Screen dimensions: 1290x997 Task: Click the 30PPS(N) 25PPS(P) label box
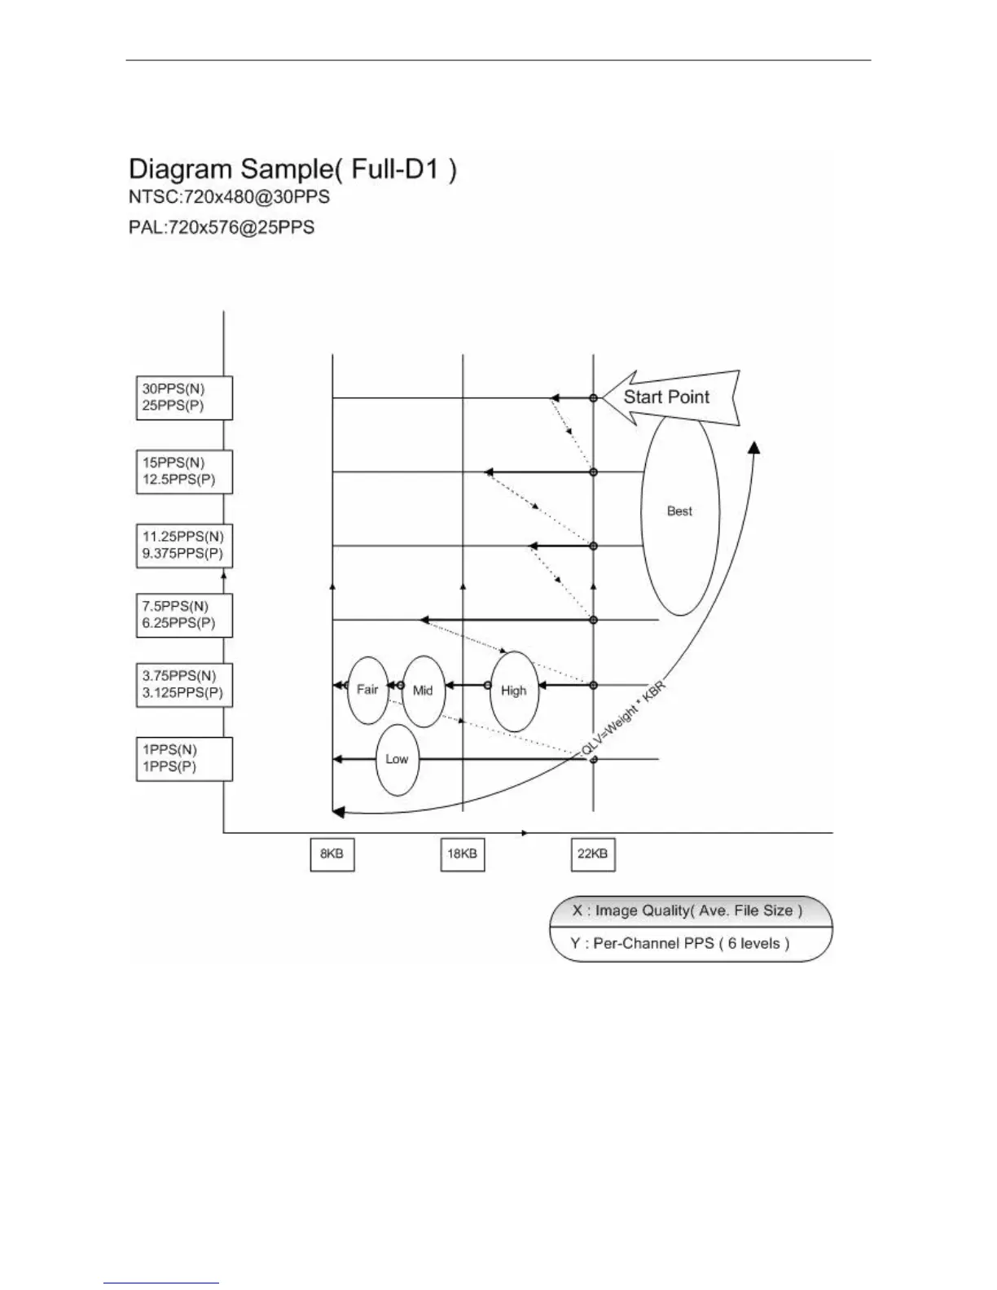click(184, 397)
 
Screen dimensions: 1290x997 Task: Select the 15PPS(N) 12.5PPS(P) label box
click(184, 472)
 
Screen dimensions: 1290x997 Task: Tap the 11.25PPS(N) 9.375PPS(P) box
click(184, 546)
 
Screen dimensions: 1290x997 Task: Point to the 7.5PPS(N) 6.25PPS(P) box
click(184, 615)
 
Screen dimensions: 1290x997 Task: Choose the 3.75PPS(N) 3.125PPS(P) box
click(184, 685)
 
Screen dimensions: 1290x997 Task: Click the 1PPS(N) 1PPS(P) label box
click(184, 758)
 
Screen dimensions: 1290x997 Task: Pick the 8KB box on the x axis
click(332, 854)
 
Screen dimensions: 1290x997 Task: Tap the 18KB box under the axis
click(463, 854)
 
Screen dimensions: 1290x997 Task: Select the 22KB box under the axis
click(593, 854)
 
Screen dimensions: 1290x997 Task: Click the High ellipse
click(514, 691)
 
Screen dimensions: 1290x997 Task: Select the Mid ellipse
click(424, 691)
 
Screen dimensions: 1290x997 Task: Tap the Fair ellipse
click(367, 690)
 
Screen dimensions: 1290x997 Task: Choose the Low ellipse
click(397, 759)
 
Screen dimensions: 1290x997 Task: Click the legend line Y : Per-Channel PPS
click(691, 944)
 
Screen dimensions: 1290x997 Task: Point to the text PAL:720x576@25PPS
click(222, 227)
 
